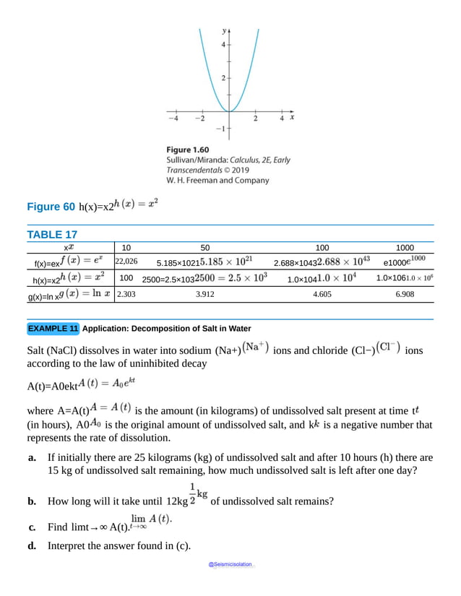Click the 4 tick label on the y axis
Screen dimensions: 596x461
point(224,45)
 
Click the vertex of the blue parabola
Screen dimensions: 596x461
point(229,111)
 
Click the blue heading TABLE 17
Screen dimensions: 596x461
point(51,234)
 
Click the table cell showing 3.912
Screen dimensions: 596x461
point(205,295)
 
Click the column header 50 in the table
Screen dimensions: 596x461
point(205,246)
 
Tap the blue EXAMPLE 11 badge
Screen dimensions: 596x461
point(53,329)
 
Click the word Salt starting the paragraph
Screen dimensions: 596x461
point(38,350)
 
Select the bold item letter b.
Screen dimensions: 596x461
point(32,501)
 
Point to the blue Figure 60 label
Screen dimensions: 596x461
point(51,207)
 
